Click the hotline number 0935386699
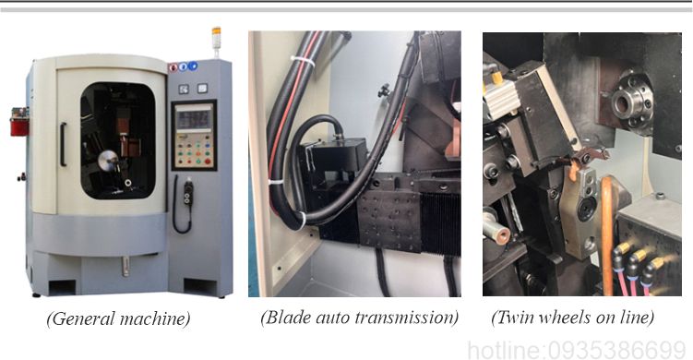[617, 351]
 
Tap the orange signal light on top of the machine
[216, 31]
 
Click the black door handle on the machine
[63, 145]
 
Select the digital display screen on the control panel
[194, 117]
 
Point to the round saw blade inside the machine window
[107, 161]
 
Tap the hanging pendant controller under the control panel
[189, 191]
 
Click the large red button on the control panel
[208, 162]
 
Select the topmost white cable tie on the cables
[303, 61]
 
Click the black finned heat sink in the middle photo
[440, 223]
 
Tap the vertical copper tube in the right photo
[607, 235]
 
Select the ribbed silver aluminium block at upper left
[502, 96]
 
